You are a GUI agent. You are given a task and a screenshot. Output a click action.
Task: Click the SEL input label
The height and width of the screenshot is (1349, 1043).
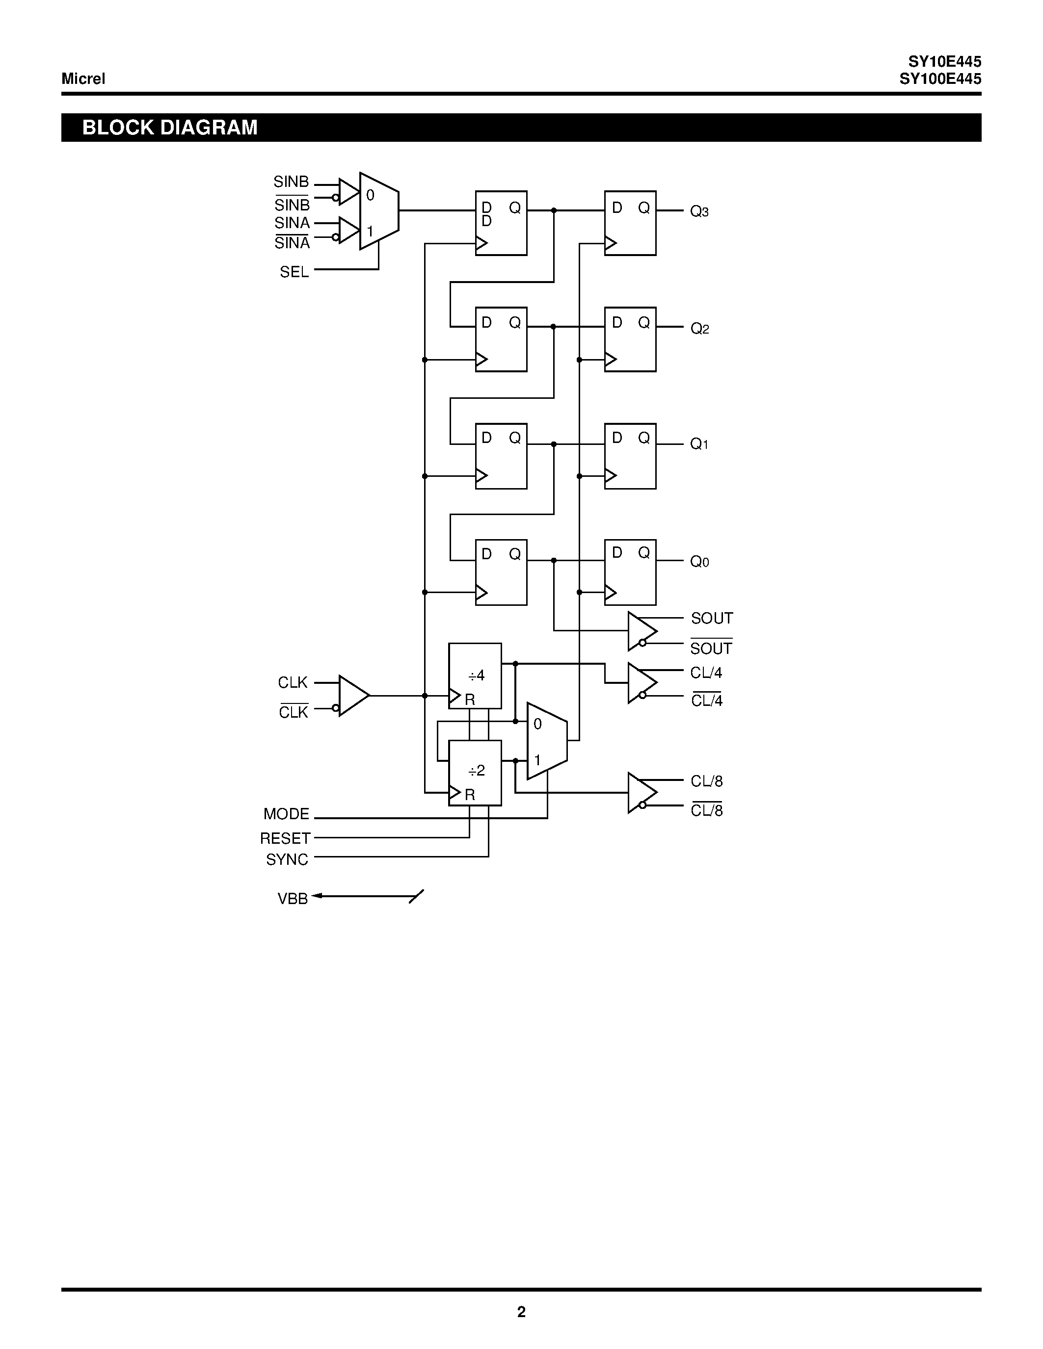coord(294,272)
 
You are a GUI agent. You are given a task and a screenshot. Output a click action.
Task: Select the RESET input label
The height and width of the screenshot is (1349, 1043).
coord(285,838)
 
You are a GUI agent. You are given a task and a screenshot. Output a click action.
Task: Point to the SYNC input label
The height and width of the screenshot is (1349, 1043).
coord(287,859)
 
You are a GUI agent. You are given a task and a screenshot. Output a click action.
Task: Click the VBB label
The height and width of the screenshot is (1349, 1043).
coord(292,899)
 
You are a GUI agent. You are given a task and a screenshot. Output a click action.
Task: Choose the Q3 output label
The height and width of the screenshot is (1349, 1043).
coord(699,212)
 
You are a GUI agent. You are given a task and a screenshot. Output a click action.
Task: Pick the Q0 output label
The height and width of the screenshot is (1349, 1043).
coord(699,562)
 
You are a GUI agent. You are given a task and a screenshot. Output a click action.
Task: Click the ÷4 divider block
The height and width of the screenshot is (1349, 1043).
coord(475,676)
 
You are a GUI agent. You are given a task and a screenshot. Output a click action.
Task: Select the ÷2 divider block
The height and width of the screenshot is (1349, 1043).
coord(475,772)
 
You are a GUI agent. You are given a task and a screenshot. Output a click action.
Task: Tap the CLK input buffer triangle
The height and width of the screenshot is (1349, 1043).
coord(352,696)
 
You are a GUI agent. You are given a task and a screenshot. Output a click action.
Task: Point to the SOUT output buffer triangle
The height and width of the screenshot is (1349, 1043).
coord(641,631)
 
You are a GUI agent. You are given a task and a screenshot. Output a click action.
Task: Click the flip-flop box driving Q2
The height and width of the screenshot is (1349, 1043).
coord(630,339)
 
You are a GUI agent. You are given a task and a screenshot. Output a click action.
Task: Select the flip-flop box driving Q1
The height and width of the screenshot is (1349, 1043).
coord(630,456)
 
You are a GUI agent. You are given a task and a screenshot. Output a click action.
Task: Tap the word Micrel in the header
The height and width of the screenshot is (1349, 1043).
coord(83,78)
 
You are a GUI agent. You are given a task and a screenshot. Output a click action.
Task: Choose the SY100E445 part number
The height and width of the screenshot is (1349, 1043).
coord(940,78)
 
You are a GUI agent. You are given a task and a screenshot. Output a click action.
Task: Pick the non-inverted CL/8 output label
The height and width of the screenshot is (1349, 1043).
coord(706,781)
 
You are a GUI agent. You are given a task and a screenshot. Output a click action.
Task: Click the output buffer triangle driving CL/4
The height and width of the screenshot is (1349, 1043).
coord(641,682)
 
